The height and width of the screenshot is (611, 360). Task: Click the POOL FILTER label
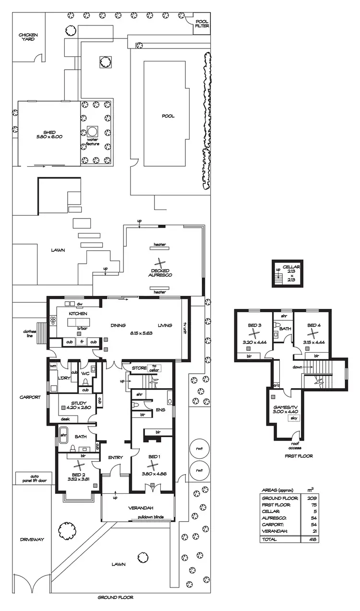[x=201, y=24]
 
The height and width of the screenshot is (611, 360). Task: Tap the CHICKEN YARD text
[x=28, y=37]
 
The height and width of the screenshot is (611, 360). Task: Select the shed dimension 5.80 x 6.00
[x=49, y=137]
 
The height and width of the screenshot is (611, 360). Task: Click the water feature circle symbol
[x=92, y=131]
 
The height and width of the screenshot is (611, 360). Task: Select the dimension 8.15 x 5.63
[x=141, y=332]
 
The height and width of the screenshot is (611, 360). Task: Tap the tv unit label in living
[x=184, y=327]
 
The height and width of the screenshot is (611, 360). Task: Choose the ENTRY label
[x=116, y=457]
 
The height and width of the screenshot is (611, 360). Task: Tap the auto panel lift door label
[x=33, y=478]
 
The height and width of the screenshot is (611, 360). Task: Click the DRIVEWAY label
[x=32, y=539]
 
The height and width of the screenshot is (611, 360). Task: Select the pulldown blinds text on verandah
[x=150, y=517]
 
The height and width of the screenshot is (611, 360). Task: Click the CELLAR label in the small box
[x=291, y=267]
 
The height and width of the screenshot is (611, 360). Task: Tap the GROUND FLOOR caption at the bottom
[x=115, y=598]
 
